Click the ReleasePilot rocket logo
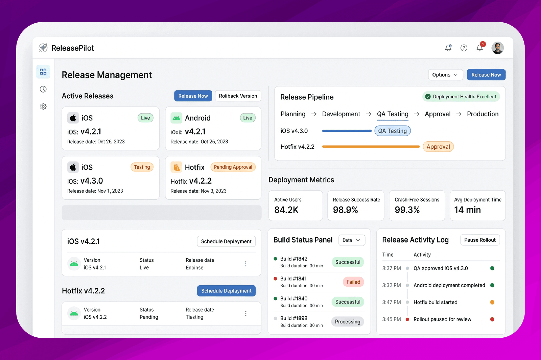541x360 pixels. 43,48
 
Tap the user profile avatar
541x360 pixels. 497,48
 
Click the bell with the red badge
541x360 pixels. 480,48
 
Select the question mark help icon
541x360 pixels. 464,48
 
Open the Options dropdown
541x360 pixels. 445,75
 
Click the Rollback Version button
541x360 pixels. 238,96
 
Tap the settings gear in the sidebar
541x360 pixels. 43,106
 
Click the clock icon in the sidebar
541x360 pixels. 43,89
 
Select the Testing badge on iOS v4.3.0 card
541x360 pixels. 142,167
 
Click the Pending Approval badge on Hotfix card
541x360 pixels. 233,167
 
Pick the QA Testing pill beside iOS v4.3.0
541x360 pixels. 393,131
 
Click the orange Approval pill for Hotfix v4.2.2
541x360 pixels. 438,147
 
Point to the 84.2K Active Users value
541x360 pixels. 286,210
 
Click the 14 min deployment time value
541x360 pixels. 467,210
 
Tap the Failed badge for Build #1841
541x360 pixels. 353,282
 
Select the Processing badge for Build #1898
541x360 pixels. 348,321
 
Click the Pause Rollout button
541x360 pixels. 480,240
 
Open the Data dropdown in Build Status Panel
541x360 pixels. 352,240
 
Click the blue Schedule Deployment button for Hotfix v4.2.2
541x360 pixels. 226,291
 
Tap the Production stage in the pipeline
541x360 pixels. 483,114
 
